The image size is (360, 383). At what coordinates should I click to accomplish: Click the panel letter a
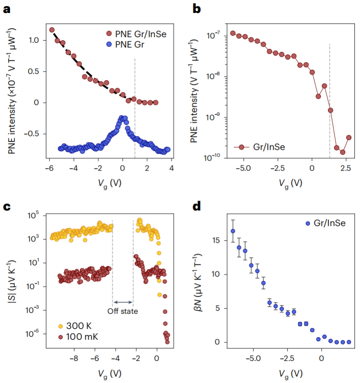click(7, 9)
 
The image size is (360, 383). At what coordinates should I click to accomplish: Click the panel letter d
click(198, 206)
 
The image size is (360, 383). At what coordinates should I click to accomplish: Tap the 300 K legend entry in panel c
click(78, 325)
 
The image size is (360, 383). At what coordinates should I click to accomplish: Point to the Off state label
click(123, 311)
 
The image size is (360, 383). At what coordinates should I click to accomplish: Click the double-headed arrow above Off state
click(123, 302)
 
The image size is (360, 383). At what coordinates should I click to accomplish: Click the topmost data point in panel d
click(233, 231)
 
